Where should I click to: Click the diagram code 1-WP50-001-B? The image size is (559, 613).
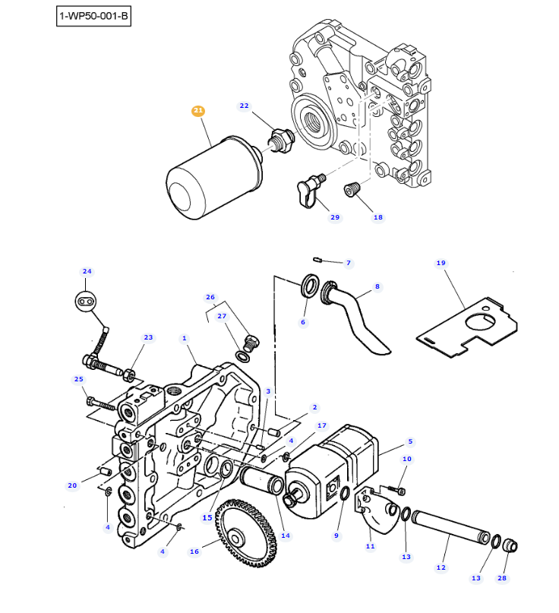[x=93, y=16]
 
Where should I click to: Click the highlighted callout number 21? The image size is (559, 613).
[x=198, y=111]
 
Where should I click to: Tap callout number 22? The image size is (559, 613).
[x=244, y=106]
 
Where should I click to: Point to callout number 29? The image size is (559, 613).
[x=335, y=218]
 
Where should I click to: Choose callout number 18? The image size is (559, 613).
[x=377, y=218]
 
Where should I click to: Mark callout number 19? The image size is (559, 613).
[x=441, y=264]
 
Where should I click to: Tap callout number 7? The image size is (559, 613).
[x=349, y=264]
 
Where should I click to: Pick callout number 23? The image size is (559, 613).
[x=148, y=337]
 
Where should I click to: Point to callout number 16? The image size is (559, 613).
[x=194, y=551]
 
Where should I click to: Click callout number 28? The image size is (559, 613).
[x=502, y=578]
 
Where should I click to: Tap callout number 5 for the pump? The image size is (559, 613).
[x=410, y=441]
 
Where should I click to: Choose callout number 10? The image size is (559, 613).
[x=407, y=459]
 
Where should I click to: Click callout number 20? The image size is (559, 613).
[x=72, y=485]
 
